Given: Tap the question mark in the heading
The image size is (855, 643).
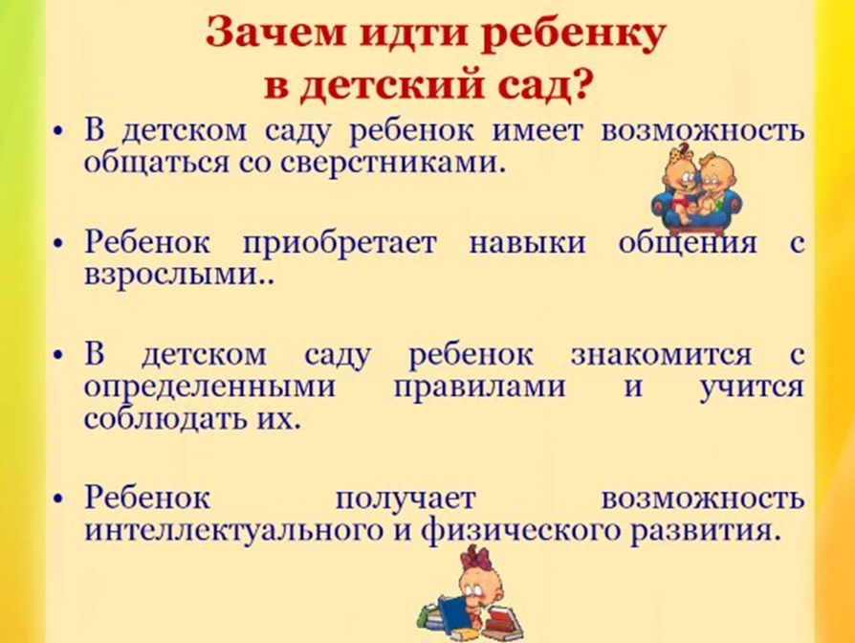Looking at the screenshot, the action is [x=581, y=87].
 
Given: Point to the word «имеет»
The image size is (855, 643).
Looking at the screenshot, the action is [x=537, y=131].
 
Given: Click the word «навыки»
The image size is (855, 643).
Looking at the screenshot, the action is [x=527, y=243].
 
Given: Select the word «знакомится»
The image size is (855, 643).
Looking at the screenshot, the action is [x=661, y=354].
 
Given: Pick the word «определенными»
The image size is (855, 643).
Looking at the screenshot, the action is [x=209, y=388].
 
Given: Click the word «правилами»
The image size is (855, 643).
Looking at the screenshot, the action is [x=479, y=388].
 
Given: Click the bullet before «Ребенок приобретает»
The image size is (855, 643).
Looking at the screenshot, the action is [x=59, y=244].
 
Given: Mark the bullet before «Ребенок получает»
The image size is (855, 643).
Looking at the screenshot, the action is [x=59, y=499].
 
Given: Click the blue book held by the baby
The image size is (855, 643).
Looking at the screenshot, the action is [x=451, y=615].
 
